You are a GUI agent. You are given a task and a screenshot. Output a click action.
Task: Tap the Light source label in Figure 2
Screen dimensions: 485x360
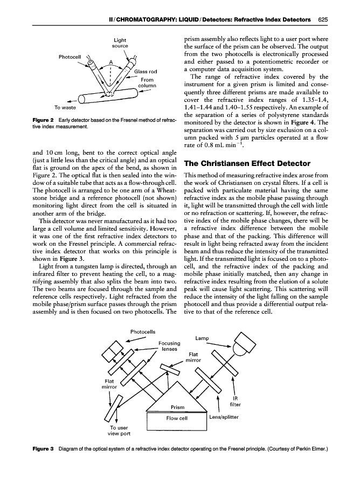[x=120, y=43]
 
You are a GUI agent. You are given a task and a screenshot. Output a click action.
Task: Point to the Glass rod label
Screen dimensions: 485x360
[x=146, y=72]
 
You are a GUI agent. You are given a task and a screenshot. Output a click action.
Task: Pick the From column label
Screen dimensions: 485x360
[x=147, y=83]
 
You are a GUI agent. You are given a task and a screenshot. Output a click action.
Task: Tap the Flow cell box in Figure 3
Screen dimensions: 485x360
[x=176, y=418]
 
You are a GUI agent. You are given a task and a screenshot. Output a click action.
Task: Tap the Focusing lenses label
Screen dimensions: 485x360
[x=170, y=345]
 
